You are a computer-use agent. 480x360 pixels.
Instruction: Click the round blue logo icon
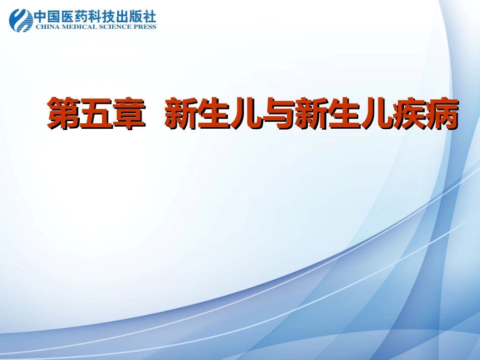(x=21, y=20)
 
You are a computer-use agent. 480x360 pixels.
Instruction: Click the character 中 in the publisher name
(x=41, y=17)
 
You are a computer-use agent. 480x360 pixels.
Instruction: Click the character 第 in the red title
(x=64, y=115)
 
